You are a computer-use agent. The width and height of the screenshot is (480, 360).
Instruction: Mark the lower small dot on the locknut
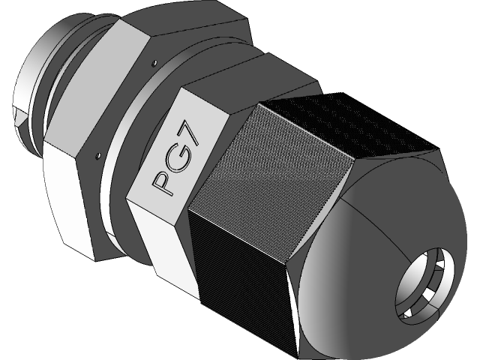click(x=98, y=157)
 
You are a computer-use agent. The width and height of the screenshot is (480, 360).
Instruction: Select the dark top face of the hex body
click(x=187, y=30)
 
